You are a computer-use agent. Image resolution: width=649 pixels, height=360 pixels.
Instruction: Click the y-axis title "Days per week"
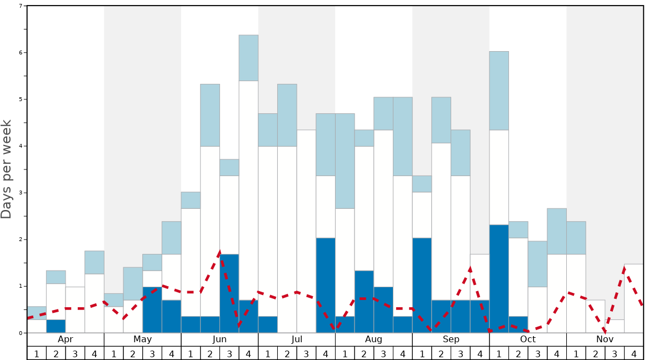7,169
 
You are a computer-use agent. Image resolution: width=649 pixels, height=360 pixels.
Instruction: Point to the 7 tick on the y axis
21,6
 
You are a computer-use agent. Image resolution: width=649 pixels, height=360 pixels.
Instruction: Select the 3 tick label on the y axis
21,193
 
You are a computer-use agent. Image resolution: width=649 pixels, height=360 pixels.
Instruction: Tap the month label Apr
66,339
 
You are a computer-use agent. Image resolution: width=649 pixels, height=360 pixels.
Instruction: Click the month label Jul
297,339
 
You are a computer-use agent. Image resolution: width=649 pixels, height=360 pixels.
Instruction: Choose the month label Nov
605,339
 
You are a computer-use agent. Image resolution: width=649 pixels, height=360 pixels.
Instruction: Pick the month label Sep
451,339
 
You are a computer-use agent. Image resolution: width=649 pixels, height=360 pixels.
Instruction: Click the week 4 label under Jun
248,353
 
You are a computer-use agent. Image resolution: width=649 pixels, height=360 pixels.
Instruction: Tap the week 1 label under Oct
499,353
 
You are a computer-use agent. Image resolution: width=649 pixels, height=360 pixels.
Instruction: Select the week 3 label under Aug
383,353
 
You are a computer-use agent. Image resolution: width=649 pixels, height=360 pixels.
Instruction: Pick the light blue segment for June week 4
248,58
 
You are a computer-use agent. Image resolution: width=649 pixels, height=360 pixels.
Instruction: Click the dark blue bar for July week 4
326,285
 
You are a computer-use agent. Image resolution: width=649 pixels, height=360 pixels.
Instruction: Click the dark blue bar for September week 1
422,285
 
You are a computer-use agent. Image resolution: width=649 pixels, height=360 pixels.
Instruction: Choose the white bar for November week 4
634,298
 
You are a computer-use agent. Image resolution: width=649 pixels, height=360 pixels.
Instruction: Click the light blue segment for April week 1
37,313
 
